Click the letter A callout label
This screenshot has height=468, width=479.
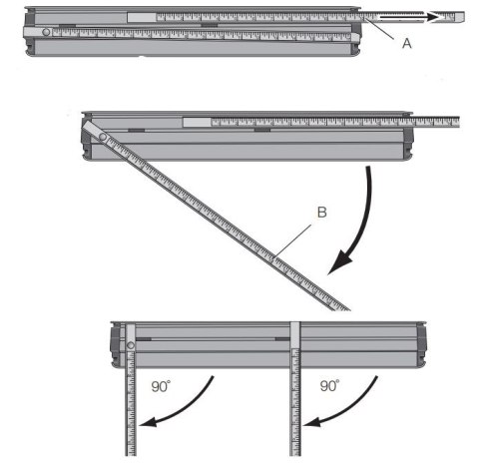coord(406,43)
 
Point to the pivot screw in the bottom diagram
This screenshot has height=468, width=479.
coord(131,348)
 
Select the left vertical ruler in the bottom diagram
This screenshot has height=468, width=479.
coord(130,409)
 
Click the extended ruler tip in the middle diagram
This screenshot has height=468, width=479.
coord(449,122)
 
